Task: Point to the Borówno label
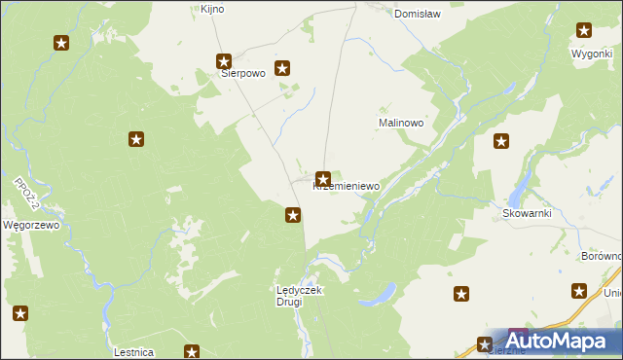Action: point(601,256)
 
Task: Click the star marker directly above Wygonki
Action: point(584,31)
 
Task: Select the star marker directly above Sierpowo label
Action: point(224,60)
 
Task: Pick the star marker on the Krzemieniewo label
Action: point(322,179)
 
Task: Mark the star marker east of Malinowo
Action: point(501,141)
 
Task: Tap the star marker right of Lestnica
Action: point(192,352)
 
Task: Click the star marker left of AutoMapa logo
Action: point(486,342)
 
